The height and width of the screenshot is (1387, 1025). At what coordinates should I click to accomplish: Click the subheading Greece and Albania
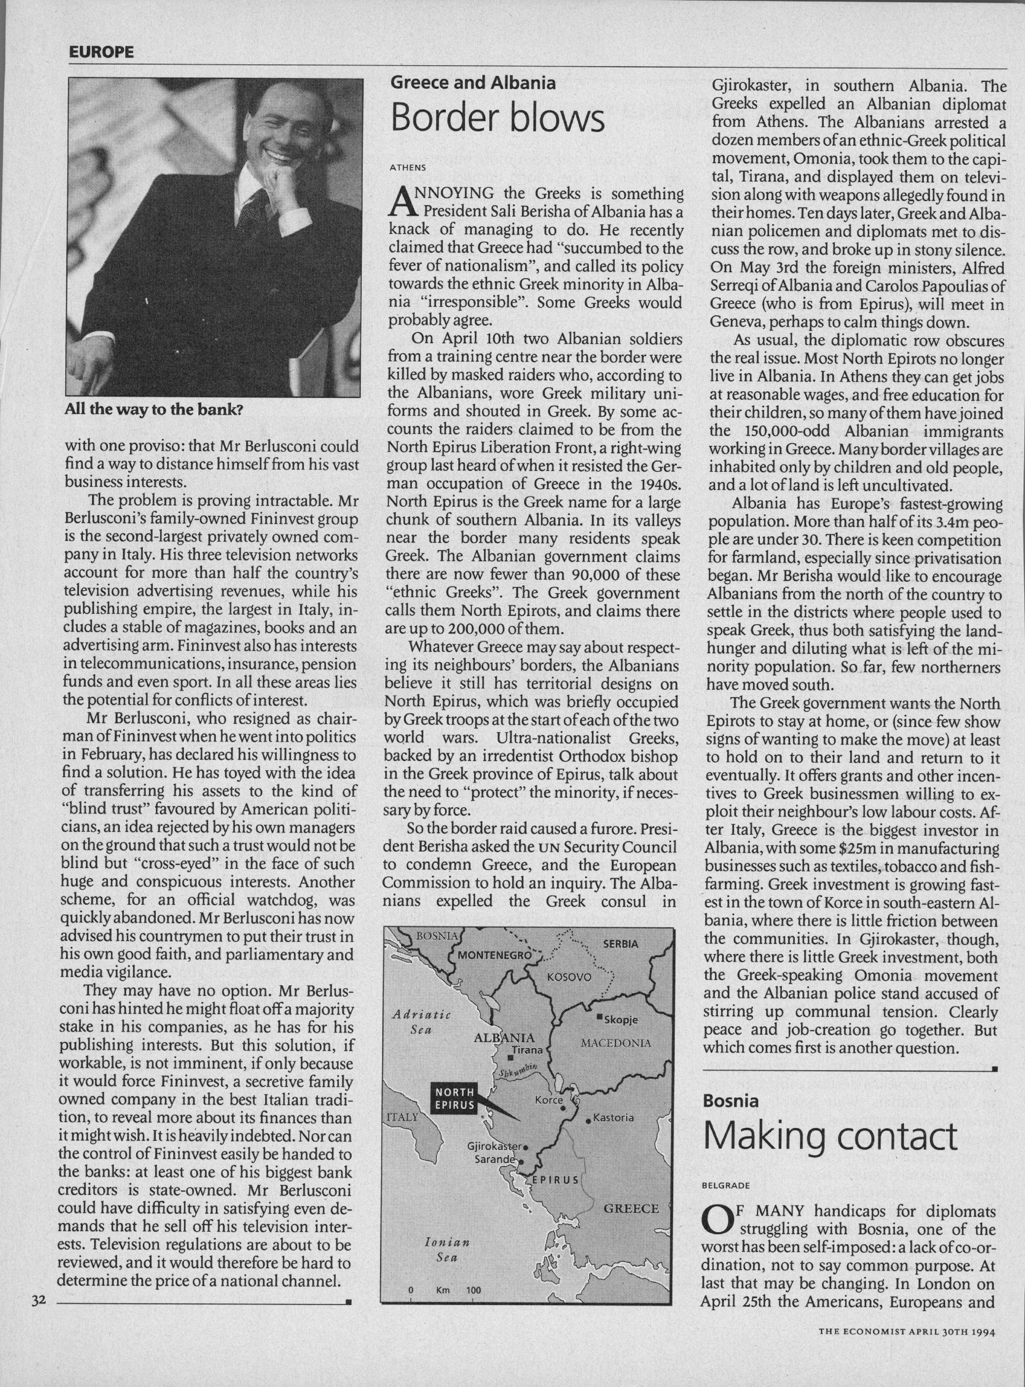click(473, 83)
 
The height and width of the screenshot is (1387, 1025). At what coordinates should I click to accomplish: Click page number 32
click(39, 1300)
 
